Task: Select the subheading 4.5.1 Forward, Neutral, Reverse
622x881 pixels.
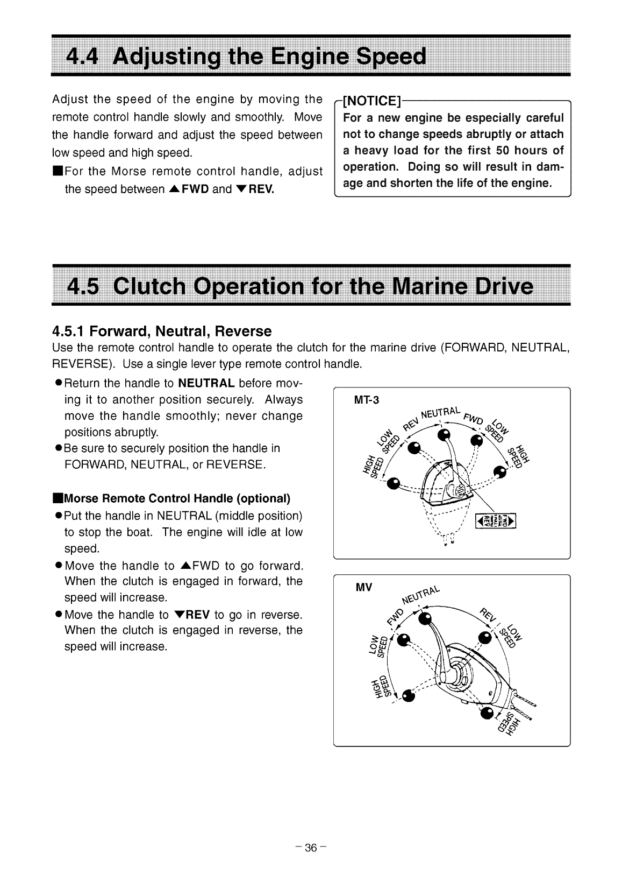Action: pyautogui.click(x=162, y=330)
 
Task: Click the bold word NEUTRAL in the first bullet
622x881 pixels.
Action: pyautogui.click(x=206, y=383)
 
